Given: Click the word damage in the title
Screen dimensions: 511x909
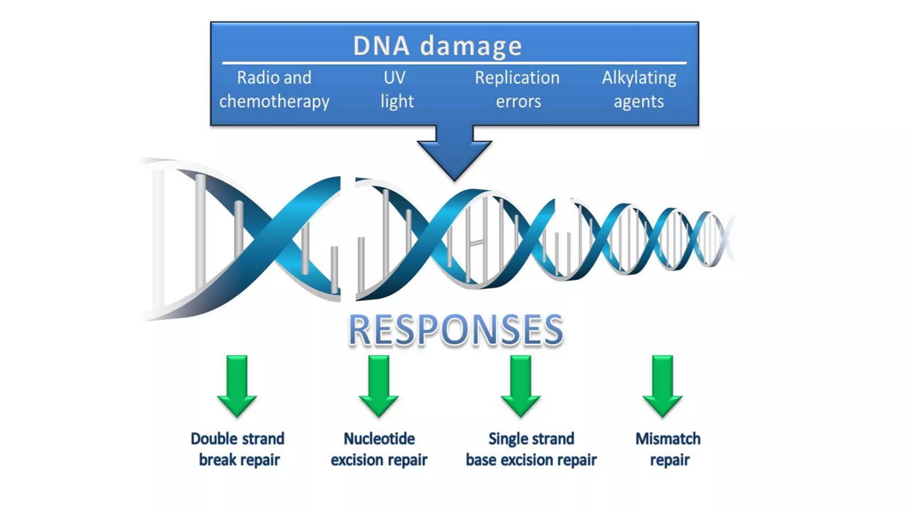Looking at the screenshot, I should pos(471,46).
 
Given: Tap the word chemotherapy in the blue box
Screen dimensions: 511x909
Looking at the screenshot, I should pos(274,102).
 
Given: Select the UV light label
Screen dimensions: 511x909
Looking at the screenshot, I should pos(396,90).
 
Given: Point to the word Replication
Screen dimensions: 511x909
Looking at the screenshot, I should pos(517,78).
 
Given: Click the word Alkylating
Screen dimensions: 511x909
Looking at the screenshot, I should pos(639,78).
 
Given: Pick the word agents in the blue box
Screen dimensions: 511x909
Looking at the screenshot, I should pos(639,102).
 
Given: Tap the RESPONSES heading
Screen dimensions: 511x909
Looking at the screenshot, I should pos(456,330).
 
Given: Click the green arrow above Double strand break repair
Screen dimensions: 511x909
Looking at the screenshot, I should pos(237,386).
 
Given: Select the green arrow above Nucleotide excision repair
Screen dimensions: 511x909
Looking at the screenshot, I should pos(379,386).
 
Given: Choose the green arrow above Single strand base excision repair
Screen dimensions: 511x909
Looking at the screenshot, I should pos(521,386).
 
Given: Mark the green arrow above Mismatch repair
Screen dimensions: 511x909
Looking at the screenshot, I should pos(662,386).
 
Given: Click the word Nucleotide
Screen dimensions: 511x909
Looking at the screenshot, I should pos(379,439).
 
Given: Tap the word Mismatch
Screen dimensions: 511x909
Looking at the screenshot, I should pos(668,439).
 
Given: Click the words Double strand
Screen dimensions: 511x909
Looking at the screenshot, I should pos(237,439).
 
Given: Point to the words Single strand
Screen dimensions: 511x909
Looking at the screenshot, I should pos(531,439).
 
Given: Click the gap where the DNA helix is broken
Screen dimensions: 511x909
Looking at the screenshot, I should pos(348,240).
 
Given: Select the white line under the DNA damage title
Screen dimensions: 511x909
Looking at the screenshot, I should pos(454,63).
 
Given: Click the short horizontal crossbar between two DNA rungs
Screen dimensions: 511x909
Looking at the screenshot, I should pos(477,242).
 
